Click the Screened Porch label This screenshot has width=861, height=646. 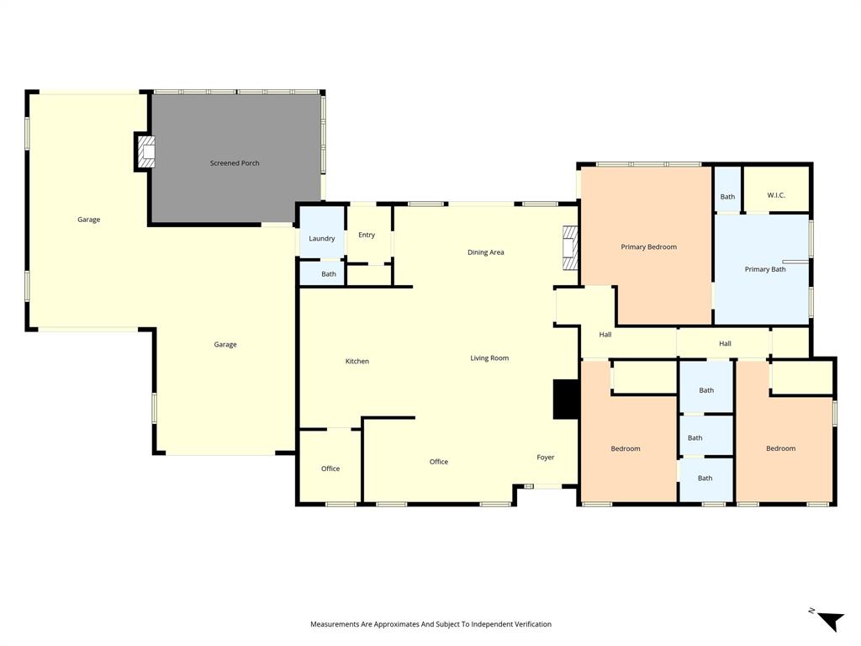(235, 163)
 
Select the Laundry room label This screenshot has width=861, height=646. (322, 239)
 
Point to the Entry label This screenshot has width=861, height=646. (367, 236)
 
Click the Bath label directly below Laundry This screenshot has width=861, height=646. (329, 274)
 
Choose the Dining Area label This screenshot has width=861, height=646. (486, 252)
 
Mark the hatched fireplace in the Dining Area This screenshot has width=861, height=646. (571, 248)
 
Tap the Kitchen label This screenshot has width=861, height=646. (357, 362)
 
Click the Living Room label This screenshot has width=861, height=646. (489, 358)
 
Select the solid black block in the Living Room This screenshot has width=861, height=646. (565, 400)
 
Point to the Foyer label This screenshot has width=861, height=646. (546, 458)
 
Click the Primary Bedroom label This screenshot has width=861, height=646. (649, 247)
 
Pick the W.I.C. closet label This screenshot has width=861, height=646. (776, 196)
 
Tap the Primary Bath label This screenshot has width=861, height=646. (765, 269)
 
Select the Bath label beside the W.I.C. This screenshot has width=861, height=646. (727, 197)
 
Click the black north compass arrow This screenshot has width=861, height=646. (832, 621)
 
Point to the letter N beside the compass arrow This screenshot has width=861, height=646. (811, 612)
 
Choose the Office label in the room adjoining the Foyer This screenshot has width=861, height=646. (439, 462)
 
